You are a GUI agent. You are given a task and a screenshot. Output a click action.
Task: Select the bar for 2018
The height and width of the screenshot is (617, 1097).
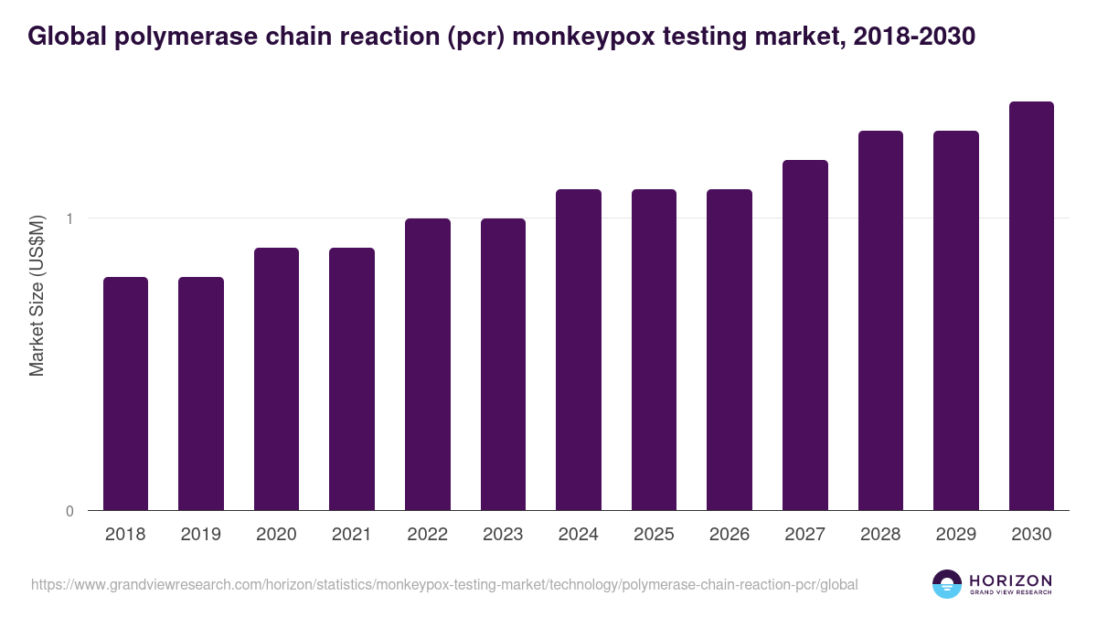(125, 393)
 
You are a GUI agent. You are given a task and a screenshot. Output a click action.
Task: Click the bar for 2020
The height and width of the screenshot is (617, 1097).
(276, 378)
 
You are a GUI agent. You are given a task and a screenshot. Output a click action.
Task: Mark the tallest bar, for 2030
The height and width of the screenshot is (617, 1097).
(1031, 305)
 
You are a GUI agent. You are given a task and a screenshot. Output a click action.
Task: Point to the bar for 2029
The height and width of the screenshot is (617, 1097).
(955, 320)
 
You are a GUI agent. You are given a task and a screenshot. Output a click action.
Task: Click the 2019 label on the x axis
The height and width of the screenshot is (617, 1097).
(201, 535)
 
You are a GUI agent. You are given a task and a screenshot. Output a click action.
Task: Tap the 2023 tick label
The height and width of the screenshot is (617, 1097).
(503, 535)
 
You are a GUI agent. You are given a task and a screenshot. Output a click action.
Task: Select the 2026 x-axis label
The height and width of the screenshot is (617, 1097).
(730, 535)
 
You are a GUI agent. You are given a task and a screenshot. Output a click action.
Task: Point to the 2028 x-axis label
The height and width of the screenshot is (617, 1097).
(880, 535)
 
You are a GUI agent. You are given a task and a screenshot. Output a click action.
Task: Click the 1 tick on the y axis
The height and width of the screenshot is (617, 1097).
(69, 218)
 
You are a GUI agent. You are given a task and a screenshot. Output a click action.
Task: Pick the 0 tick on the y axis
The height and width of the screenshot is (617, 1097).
(69, 511)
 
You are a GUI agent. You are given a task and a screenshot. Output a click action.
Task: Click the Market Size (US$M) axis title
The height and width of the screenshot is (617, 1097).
(37, 295)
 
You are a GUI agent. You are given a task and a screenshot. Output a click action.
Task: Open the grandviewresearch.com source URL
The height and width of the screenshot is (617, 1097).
(444, 584)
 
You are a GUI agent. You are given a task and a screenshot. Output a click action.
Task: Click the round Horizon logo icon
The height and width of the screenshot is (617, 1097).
(947, 584)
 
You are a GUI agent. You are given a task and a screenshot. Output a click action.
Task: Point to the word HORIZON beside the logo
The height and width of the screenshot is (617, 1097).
(1010, 580)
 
